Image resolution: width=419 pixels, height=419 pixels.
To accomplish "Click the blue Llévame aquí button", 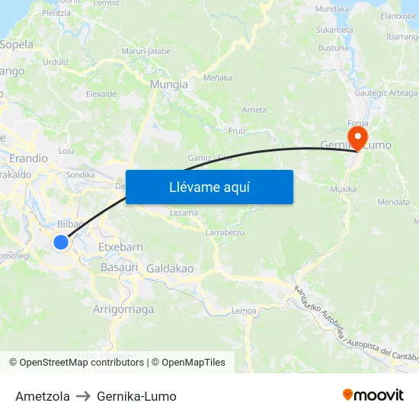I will point(209,187).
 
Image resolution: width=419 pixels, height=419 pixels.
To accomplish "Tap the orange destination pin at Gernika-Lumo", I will point(356,137).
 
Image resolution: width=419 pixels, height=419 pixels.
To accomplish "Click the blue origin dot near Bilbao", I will point(61,242).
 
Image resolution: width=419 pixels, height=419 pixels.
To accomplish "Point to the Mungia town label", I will point(169,85).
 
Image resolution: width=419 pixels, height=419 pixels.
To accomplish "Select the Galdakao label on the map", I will point(170,269).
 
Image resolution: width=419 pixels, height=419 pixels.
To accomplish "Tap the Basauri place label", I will point(119,267).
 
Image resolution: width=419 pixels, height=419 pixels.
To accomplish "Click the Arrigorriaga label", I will point(123,309).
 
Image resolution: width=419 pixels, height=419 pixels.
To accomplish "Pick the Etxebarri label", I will point(121,248).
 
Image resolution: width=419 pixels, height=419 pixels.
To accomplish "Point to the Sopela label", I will point(17,44).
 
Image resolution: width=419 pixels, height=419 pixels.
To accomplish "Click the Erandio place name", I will point(28,158).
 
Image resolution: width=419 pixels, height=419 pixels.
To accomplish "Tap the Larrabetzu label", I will point(225,232).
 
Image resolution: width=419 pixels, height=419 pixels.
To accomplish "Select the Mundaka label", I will point(332,9).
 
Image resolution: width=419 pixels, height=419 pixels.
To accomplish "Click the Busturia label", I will point(334,47).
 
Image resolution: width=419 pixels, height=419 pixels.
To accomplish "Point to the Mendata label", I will point(394,203).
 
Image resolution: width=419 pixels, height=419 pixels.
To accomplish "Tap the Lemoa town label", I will point(243,311).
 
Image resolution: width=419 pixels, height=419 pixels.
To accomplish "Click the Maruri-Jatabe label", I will point(146,51).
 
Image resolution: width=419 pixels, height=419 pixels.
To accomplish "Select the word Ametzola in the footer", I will point(43,396).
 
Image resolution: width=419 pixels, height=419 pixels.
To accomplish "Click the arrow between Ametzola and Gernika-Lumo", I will point(83,396).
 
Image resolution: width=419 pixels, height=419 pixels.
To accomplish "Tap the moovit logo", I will point(373,395).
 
